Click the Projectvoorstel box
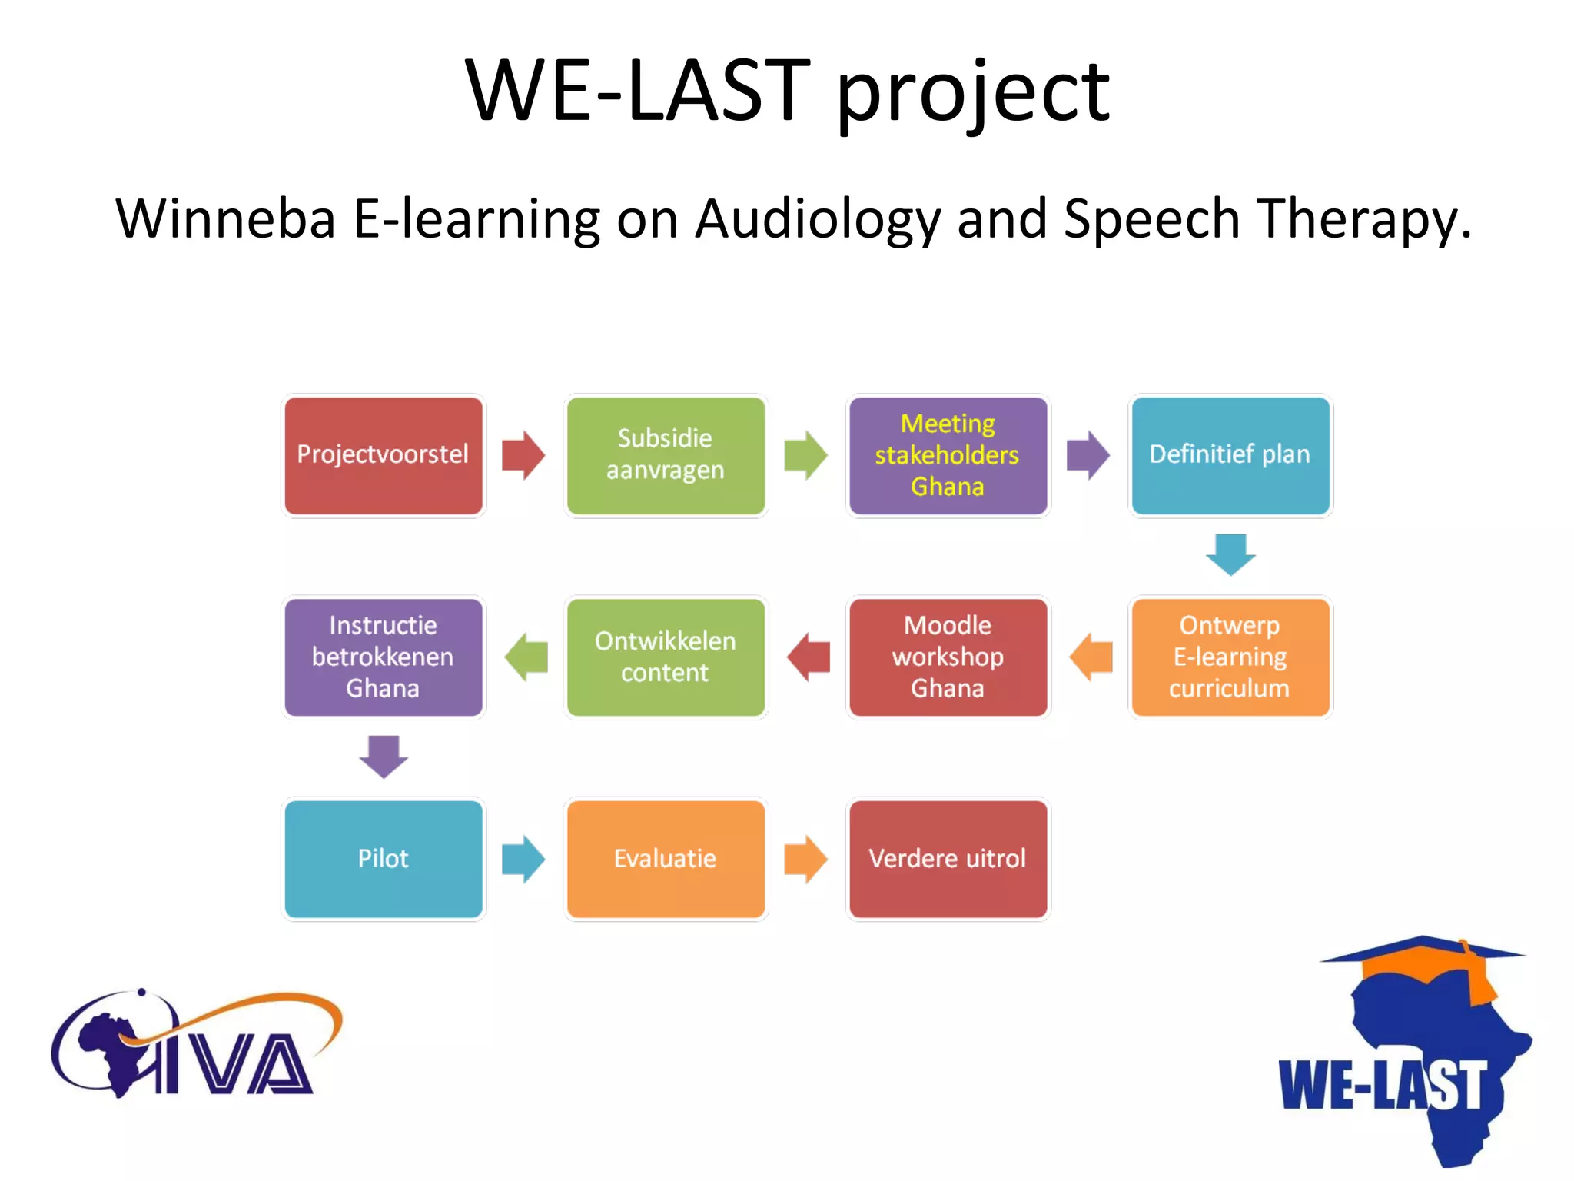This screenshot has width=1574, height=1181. coord(383,455)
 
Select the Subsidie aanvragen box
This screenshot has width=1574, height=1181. coord(666,455)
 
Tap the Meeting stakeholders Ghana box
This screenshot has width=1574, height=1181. coord(948,455)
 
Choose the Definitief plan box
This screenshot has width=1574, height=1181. coord(1230,455)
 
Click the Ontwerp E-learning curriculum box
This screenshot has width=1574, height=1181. coord(1230,657)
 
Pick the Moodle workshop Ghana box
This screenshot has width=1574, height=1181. coord(948,657)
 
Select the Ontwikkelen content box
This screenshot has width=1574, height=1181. coord(666,657)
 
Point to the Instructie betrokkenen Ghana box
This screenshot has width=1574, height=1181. coord(383,657)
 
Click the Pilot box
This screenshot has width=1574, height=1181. coord(383,859)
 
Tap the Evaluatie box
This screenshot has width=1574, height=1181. coord(666,859)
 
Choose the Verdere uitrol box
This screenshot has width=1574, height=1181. coord(948,859)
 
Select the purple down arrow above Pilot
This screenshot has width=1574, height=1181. coord(384,757)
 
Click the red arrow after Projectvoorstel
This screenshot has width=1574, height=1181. coord(523,455)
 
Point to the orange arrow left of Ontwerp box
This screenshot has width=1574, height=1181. coord(1091,657)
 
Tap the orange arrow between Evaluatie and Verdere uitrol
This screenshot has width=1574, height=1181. coord(805,859)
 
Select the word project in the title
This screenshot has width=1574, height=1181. coord(972,94)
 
